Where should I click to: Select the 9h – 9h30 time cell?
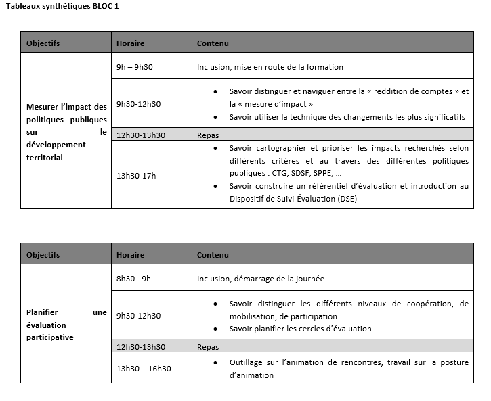[135, 67]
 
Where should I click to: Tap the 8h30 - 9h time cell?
[133, 278]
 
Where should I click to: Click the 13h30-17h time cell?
[136, 176]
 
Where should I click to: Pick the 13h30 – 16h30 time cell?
[144, 369]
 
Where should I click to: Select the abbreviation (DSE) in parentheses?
[343, 199]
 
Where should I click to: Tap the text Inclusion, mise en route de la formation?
[270, 67]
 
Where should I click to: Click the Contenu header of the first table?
[213, 43]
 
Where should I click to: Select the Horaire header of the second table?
[130, 255]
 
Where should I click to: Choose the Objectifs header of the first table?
[43, 43]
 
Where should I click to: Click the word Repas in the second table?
[208, 347]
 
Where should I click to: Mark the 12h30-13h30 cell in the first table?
[141, 135]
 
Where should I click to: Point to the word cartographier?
[278, 147]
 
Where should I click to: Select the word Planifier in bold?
[41, 312]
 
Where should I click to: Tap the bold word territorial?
[44, 158]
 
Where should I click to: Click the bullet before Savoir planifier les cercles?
[215, 329]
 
